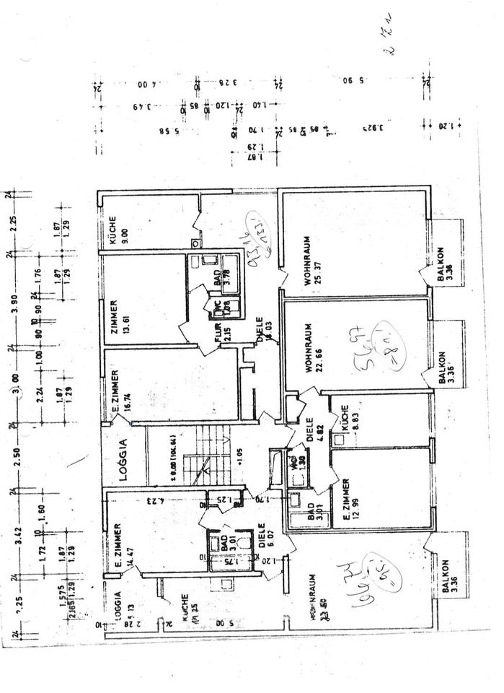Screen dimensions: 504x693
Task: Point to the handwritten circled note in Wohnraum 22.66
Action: coord(383,347)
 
